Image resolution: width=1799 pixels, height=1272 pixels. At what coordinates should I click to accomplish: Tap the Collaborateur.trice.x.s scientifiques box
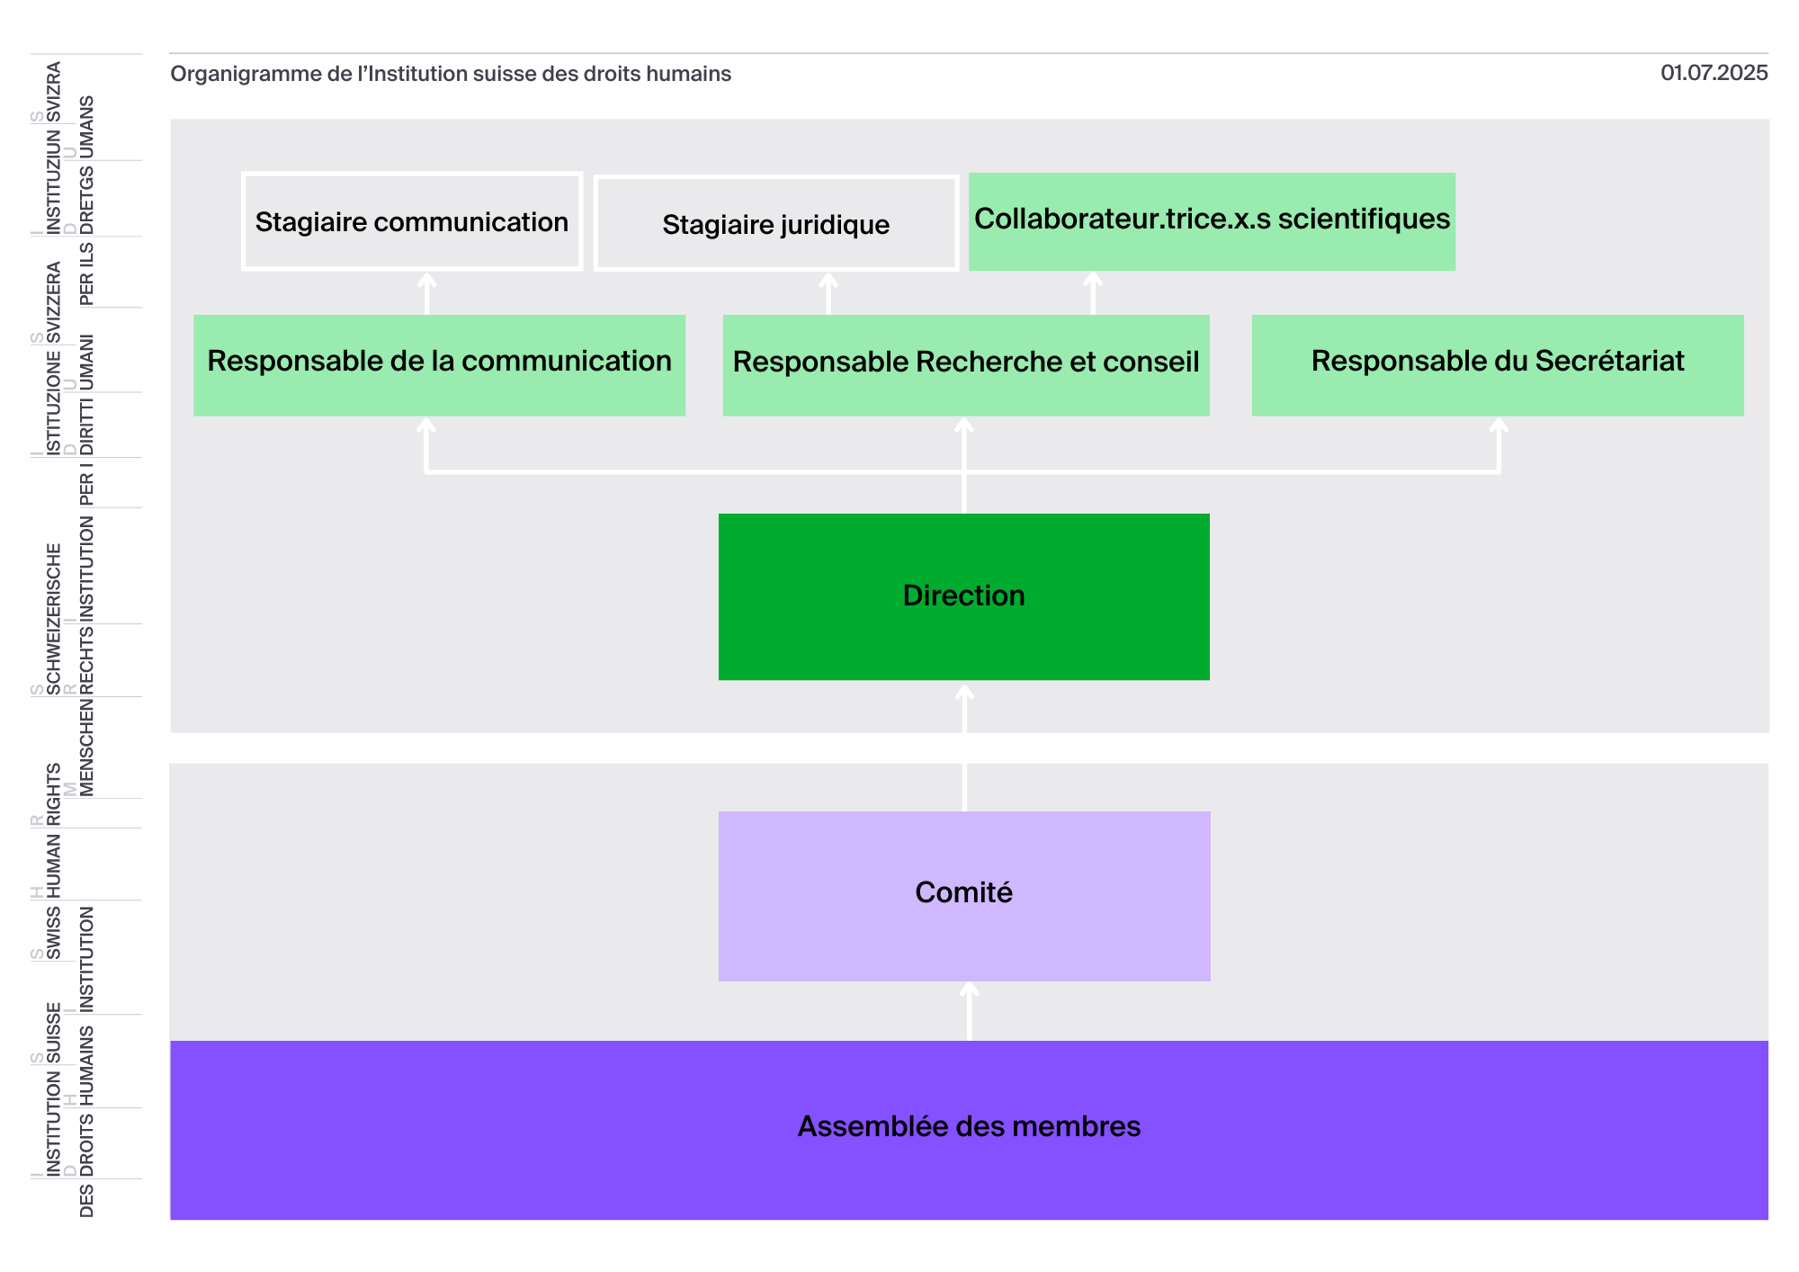(1212, 221)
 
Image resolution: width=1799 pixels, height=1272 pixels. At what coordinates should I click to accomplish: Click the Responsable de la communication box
(439, 365)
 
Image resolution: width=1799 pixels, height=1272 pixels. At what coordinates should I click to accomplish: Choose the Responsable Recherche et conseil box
(966, 365)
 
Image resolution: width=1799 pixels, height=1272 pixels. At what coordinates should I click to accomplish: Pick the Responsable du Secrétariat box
(1498, 365)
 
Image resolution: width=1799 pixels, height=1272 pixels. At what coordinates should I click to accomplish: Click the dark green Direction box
(964, 596)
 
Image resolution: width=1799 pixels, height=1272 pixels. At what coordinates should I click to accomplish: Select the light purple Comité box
(964, 896)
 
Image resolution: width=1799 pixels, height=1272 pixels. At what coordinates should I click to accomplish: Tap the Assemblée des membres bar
(969, 1130)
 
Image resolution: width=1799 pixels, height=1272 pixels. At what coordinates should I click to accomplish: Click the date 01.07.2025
(1714, 73)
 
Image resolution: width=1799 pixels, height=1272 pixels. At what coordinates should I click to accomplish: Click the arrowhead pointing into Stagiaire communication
(427, 280)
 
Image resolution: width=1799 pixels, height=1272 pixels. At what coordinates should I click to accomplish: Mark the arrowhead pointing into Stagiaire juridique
(828, 280)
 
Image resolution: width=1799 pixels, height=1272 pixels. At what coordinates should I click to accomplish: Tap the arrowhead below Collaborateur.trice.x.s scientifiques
(1093, 279)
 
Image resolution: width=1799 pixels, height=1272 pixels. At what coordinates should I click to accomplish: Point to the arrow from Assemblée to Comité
(969, 1011)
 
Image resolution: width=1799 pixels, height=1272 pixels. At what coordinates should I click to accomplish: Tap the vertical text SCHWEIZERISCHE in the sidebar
(54, 619)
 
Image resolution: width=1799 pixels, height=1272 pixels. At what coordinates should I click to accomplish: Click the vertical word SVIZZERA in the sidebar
(54, 302)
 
